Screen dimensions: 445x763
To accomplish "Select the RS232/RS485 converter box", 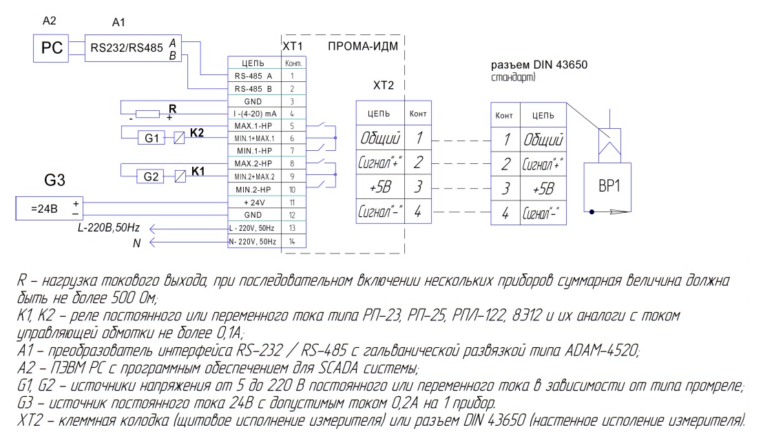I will point(132,48).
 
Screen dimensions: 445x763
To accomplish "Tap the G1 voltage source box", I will point(151,138).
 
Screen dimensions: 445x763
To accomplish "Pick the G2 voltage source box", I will point(151,176).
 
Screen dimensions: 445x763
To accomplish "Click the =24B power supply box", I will point(48,208).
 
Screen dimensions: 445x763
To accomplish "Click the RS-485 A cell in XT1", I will point(254,76).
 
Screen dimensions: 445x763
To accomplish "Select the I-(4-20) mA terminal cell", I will point(254,113).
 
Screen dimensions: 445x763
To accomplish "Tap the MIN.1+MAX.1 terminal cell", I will point(254,138).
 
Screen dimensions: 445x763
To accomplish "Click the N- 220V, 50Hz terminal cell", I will point(254,242).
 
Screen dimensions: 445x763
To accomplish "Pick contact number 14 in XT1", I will point(293,242).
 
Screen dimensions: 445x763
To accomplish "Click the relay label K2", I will point(198,132).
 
